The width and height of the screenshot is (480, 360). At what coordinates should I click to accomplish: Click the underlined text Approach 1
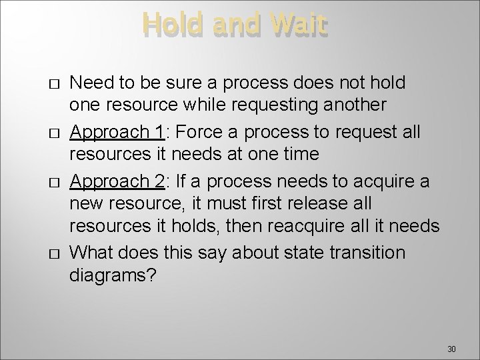click(117, 132)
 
